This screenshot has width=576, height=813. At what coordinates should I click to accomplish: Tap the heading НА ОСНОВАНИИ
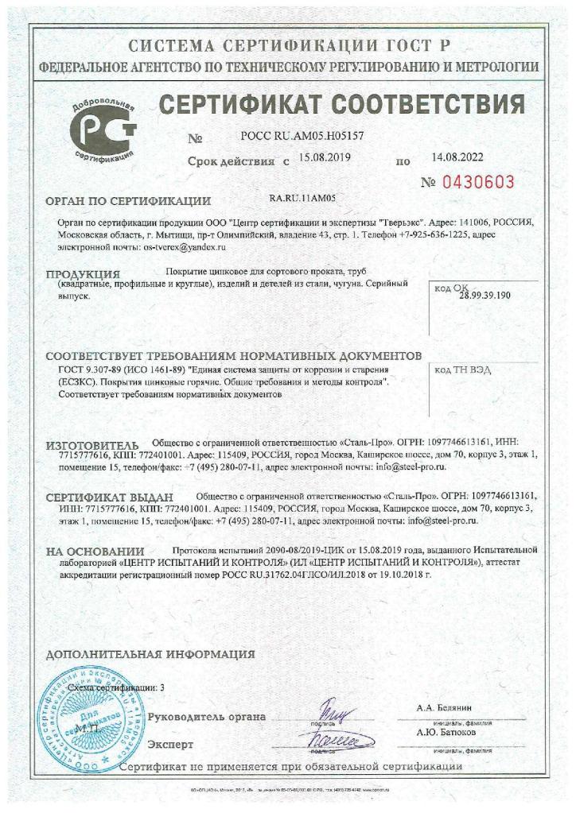94,550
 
